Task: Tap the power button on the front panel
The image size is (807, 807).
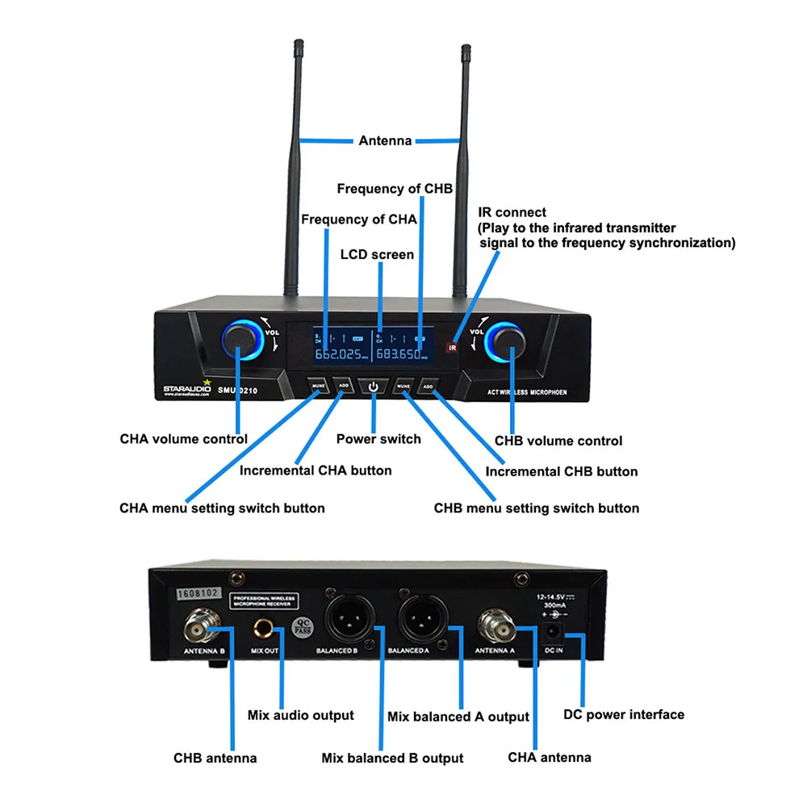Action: click(x=373, y=387)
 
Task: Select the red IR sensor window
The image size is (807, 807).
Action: click(x=452, y=347)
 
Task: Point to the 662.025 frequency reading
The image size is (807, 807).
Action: click(x=338, y=354)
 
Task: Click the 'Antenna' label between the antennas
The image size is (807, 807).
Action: click(x=385, y=140)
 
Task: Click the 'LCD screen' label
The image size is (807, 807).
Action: click(x=376, y=254)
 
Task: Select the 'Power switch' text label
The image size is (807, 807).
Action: click(x=378, y=439)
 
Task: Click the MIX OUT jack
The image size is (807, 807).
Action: click(x=264, y=627)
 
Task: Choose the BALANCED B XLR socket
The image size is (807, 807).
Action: click(x=344, y=622)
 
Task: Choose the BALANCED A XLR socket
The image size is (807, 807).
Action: click(x=416, y=622)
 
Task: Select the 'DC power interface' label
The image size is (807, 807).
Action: click(x=623, y=714)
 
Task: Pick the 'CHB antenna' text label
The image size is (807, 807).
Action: click(x=215, y=758)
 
